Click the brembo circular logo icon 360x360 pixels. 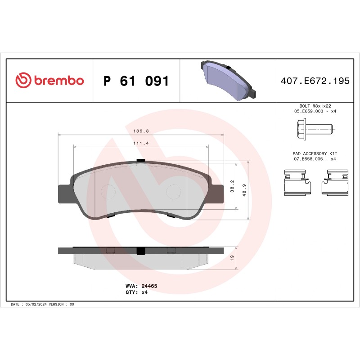(x=23, y=81)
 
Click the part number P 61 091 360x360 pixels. (x=136, y=81)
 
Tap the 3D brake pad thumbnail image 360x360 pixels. (x=228, y=80)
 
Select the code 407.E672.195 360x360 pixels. (x=315, y=81)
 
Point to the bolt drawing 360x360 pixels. (x=315, y=129)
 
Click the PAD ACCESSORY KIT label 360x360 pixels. (x=315, y=153)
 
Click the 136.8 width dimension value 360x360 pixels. (x=141, y=131)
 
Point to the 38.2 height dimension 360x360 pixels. (x=232, y=186)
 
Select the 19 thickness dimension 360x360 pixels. (x=232, y=258)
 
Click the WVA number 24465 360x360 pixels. (x=149, y=286)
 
